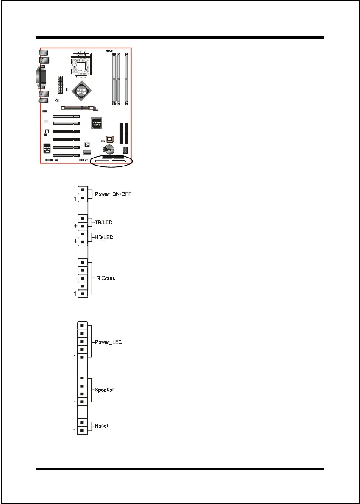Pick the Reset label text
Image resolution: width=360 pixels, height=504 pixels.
[x=101, y=425]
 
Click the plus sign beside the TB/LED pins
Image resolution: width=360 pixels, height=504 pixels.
[x=75, y=226]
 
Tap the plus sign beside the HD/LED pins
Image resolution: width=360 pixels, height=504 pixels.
[x=75, y=241]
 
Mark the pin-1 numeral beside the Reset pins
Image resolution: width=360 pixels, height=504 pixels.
[x=75, y=431]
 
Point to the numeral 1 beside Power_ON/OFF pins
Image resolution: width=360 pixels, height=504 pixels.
[x=75, y=198]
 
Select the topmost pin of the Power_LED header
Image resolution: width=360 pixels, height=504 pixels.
[x=83, y=326]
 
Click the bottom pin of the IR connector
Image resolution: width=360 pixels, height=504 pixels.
[x=83, y=293]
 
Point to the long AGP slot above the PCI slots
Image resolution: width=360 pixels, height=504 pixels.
[x=78, y=108]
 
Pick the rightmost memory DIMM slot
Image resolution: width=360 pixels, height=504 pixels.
[x=126, y=78]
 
